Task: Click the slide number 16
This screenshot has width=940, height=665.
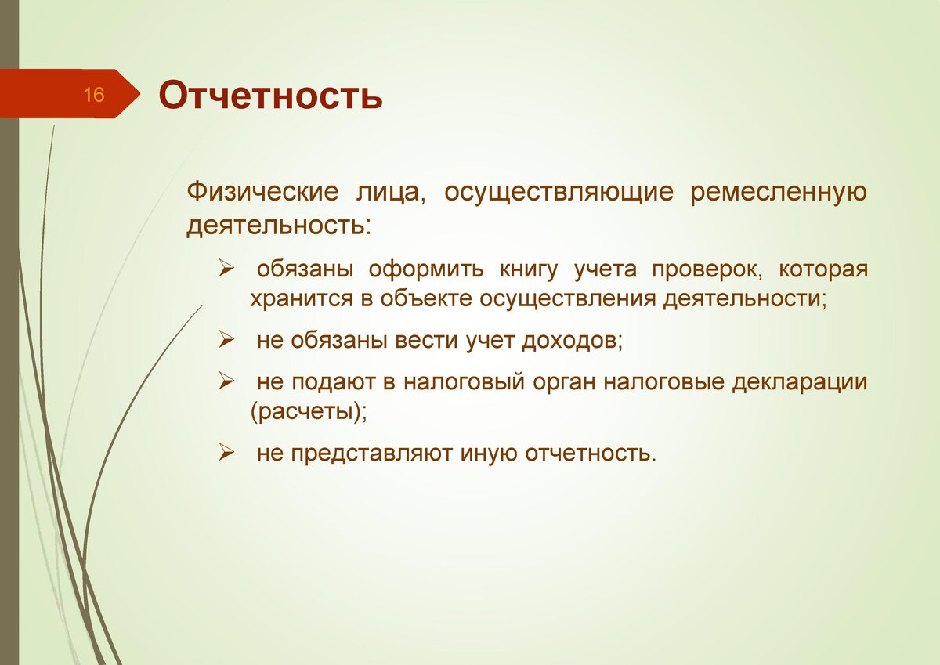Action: point(93,95)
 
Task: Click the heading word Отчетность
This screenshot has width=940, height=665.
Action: point(271,96)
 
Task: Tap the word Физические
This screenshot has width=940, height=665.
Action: point(262,192)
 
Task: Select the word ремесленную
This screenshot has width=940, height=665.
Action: point(779,193)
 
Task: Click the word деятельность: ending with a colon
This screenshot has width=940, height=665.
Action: point(279,226)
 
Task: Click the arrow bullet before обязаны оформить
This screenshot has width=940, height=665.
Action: point(226,269)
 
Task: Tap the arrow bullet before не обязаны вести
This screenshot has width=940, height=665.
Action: point(226,341)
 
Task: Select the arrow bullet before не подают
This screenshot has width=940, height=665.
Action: point(226,381)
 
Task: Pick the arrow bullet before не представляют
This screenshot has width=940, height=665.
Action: point(226,454)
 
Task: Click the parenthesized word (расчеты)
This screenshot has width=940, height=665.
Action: point(309,413)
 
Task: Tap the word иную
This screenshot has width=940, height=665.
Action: point(489,454)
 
